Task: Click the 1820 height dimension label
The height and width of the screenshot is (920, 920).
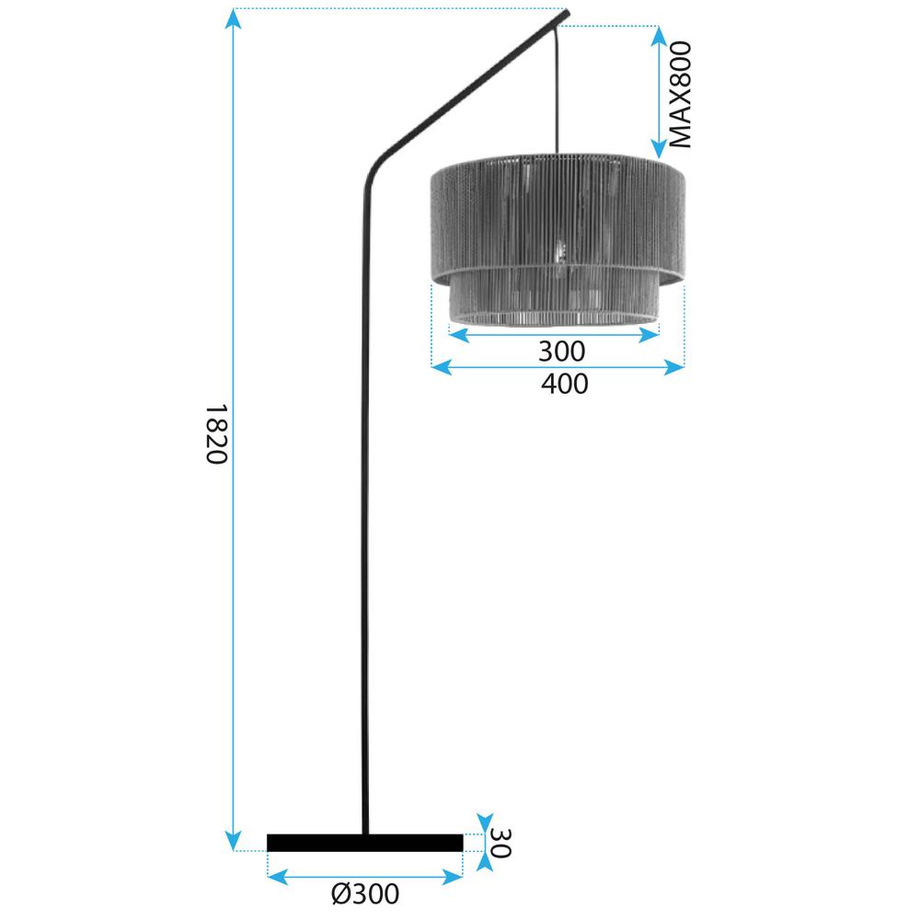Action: [214, 433]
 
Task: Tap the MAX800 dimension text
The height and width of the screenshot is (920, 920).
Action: [679, 94]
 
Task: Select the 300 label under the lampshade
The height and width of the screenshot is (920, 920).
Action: [560, 351]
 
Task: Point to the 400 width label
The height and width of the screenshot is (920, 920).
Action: [563, 384]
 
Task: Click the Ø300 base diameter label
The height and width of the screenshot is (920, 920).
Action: [364, 893]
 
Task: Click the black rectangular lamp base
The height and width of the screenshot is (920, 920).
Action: [364, 843]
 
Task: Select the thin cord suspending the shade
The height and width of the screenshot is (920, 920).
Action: [557, 92]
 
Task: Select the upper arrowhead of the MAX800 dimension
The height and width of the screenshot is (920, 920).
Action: [659, 35]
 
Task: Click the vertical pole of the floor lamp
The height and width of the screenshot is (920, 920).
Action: [364, 506]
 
